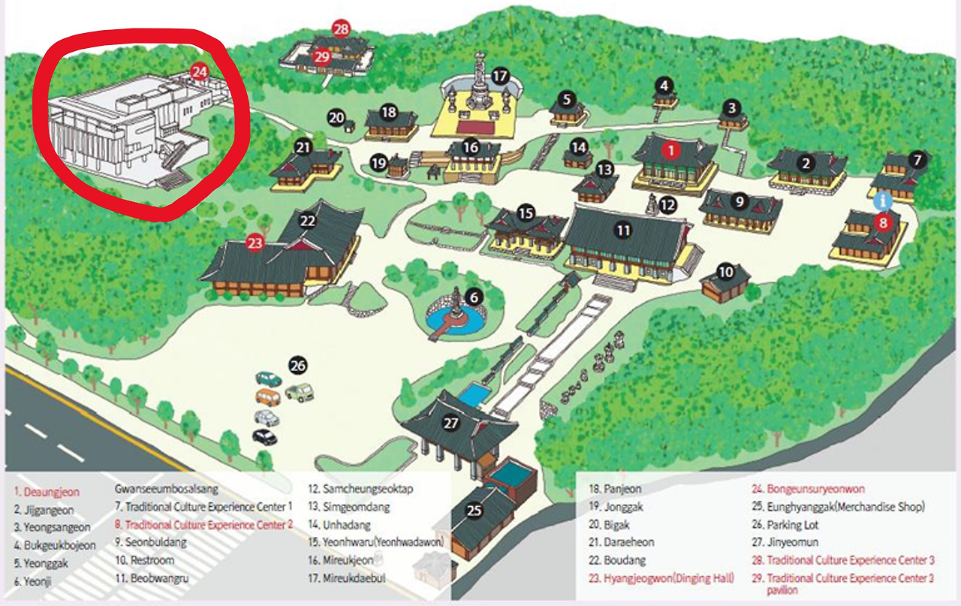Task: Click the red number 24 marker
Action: [199, 72]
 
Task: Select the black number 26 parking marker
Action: [298, 366]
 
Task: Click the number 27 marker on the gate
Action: [450, 424]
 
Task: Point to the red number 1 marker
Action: [670, 150]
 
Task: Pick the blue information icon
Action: [884, 201]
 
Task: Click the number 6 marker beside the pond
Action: [473, 297]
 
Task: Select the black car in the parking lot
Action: [265, 436]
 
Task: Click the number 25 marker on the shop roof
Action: [474, 511]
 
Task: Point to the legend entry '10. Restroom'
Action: [145, 560]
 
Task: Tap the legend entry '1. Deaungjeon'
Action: [47, 492]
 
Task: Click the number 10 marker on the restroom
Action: [725, 272]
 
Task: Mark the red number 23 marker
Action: [256, 243]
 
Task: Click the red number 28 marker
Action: [342, 29]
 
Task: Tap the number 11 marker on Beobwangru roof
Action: [623, 231]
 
